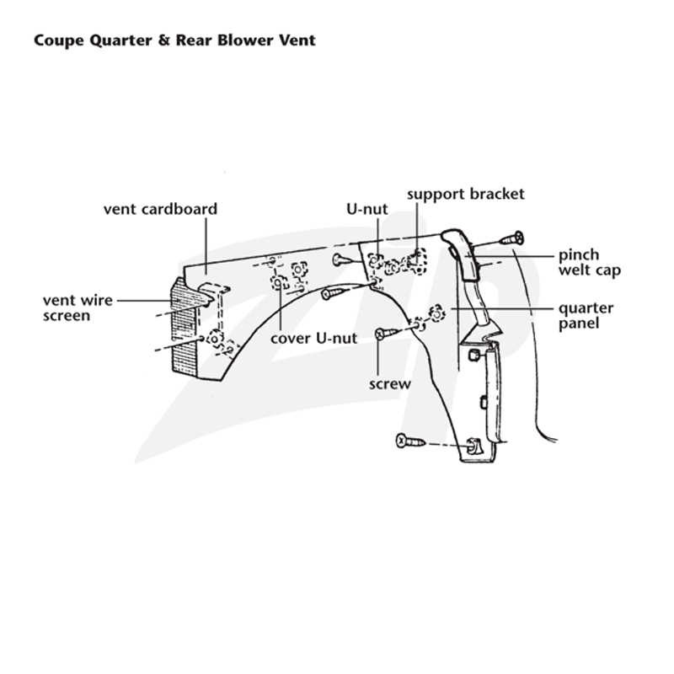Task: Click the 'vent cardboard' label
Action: (160, 209)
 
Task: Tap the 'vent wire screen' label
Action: (78, 308)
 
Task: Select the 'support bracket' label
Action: (466, 195)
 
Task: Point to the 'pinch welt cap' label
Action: (590, 262)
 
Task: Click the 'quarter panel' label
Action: (586, 315)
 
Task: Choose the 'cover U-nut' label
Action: (313, 339)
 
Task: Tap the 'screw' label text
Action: (390, 384)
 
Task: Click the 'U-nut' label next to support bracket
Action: (367, 209)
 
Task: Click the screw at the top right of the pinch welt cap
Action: (511, 238)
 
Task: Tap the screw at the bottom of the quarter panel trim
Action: (410, 441)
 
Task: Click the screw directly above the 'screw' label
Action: (388, 333)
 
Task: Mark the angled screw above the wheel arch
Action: (333, 293)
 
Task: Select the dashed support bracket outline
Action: (417, 260)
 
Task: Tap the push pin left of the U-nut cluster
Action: (343, 259)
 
